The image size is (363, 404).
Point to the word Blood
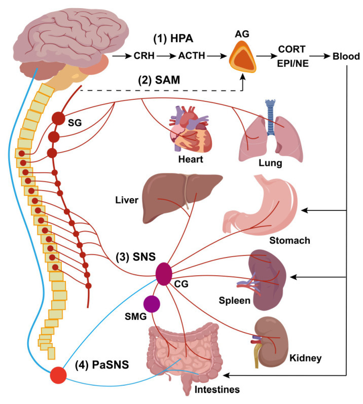pos(346,56)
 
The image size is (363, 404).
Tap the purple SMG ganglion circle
pos(152,304)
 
